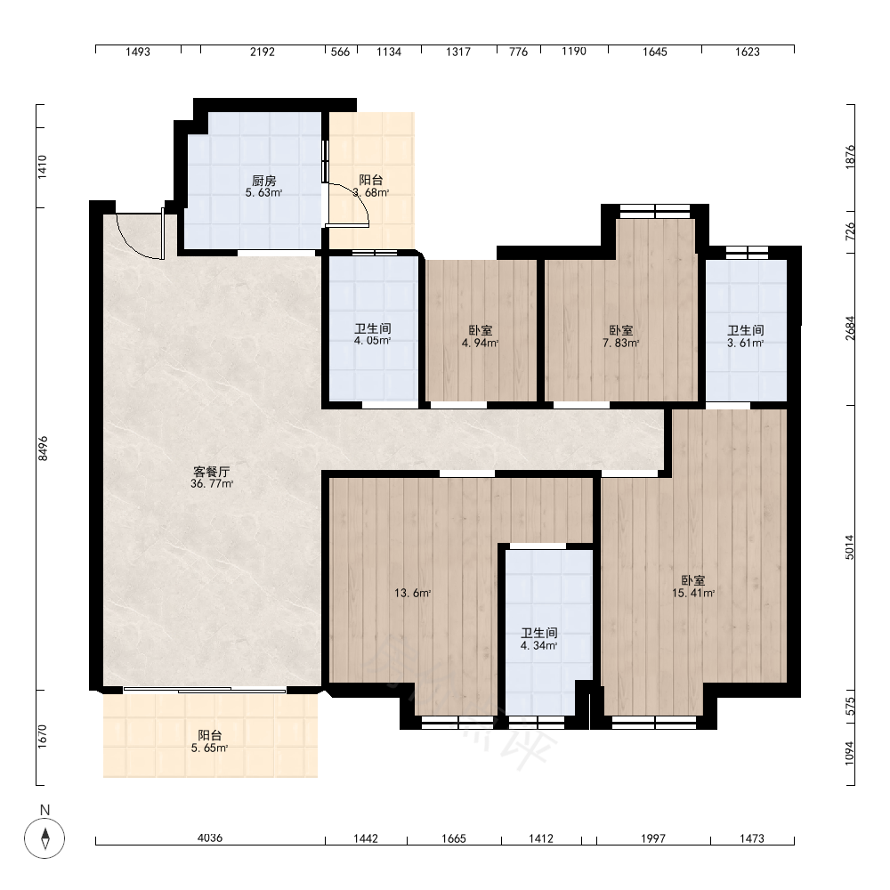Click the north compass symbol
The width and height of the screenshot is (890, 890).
pos(44,837)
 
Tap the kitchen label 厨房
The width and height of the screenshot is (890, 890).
pos(264,181)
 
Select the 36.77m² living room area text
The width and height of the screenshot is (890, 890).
pos(212,484)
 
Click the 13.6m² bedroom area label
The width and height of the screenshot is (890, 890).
pos(413,593)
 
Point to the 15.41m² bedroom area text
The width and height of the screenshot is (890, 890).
pos(693,593)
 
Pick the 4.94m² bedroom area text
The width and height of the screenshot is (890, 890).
pos(481,343)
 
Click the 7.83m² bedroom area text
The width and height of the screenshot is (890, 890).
pos(621,343)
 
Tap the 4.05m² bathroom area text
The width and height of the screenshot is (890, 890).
pos(372,341)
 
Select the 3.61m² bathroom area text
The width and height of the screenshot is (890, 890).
pos(745,343)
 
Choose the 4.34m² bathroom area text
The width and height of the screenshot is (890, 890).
pos(538,645)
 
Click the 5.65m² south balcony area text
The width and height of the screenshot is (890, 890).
pos(209,748)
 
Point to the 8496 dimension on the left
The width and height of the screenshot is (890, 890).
pos(43,449)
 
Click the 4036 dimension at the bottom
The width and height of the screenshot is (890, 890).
pos(210,837)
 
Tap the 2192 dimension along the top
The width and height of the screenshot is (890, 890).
pos(263,52)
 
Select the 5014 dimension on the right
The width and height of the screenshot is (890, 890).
pos(850,547)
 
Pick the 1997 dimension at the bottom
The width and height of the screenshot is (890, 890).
pos(653,838)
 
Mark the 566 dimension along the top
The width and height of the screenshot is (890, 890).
pos(340,52)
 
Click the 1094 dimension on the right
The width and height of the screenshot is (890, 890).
pos(850,753)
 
